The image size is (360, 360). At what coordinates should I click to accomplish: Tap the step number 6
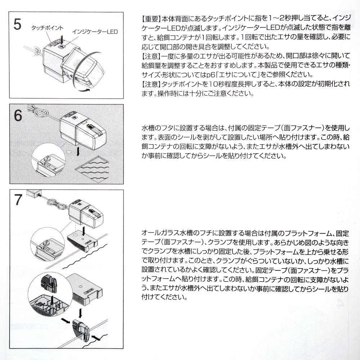[x=18, y=115]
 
